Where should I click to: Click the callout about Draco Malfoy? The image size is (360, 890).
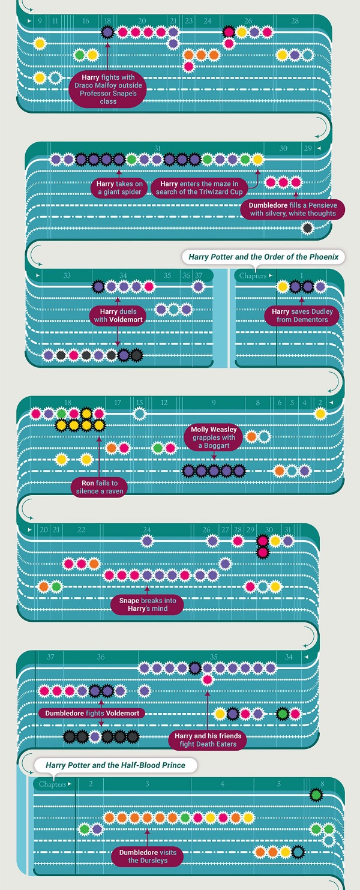(107, 89)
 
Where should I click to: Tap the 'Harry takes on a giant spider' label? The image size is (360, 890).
(119, 188)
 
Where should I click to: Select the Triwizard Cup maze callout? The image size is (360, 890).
(199, 188)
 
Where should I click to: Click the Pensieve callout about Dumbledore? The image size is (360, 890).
(293, 209)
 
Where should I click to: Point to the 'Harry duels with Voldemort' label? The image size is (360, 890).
(118, 316)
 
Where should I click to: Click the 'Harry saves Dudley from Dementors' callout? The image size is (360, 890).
(302, 316)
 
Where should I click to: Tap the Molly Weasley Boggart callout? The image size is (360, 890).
(214, 437)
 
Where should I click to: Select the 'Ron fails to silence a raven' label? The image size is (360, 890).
(100, 487)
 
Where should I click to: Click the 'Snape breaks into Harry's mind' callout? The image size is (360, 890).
(148, 604)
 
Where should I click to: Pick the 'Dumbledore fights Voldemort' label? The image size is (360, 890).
(92, 713)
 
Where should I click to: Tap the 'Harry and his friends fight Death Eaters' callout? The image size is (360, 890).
(208, 740)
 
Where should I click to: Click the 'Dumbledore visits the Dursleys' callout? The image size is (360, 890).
(148, 856)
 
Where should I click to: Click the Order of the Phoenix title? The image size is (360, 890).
(263, 257)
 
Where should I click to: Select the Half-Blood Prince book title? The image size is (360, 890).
(115, 765)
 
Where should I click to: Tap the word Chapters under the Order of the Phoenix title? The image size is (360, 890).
(253, 275)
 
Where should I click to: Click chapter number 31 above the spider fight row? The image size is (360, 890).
(157, 148)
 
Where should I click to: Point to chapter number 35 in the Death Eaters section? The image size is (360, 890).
(214, 657)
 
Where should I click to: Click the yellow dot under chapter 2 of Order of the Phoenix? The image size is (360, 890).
(320, 414)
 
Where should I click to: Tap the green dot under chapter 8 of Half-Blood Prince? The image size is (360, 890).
(316, 795)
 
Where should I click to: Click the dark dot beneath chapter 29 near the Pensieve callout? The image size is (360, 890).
(308, 228)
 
